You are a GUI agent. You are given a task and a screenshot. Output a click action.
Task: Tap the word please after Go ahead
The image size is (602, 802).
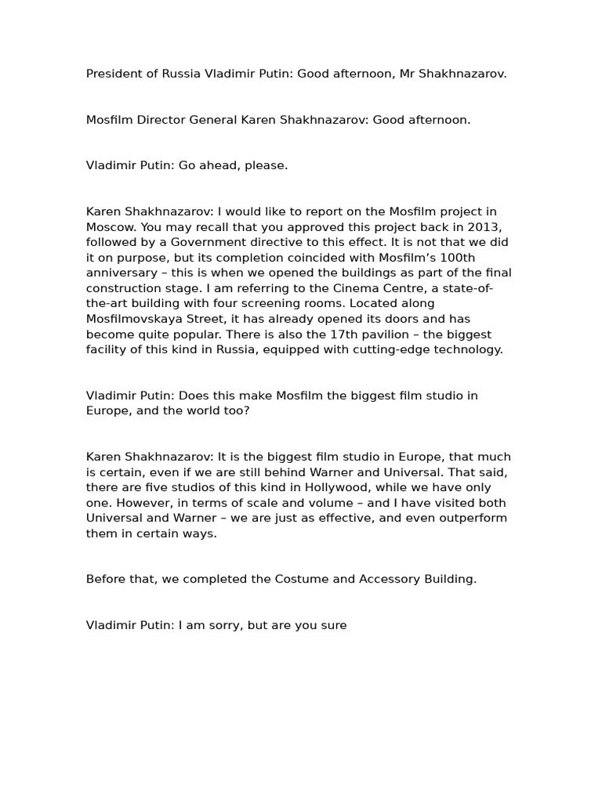point(267,166)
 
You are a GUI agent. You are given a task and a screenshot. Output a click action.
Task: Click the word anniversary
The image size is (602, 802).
point(119,273)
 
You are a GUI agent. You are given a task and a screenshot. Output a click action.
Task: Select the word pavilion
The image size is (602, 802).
point(393,334)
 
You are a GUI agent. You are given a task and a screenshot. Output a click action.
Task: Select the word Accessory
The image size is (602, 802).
point(389,580)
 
